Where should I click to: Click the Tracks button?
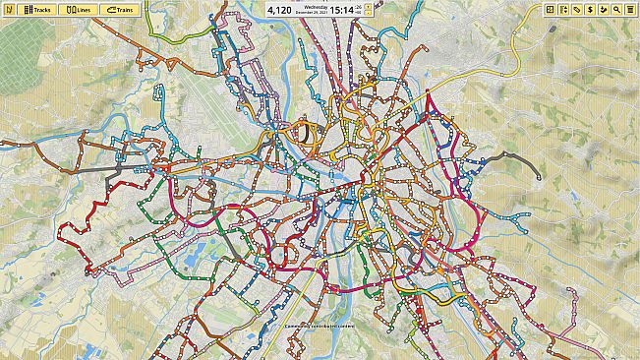point(35,9)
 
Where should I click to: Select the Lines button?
point(79,9)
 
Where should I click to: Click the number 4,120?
point(279,10)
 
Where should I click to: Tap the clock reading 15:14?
point(342,10)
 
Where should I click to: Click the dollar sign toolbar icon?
point(590,9)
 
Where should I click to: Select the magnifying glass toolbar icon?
point(616,9)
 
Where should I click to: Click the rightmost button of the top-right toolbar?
point(629,9)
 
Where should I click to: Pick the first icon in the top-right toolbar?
point(551,9)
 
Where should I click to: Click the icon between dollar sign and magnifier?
point(603,9)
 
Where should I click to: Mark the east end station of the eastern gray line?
point(539,177)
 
